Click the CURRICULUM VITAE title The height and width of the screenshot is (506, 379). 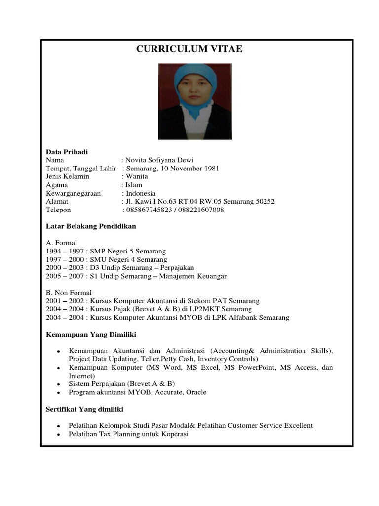[189, 49]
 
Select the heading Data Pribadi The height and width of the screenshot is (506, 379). [67, 152]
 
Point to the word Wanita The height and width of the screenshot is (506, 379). [137, 176]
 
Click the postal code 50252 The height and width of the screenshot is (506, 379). [265, 202]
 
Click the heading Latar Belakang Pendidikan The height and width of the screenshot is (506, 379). [91, 226]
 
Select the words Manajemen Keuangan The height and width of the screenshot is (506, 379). [193, 276]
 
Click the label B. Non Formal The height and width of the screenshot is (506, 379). [69, 293]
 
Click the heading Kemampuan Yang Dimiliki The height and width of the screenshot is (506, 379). [91, 335]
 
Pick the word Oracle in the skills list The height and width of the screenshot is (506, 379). [196, 392]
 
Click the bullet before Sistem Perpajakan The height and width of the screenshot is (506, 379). [58, 384]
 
